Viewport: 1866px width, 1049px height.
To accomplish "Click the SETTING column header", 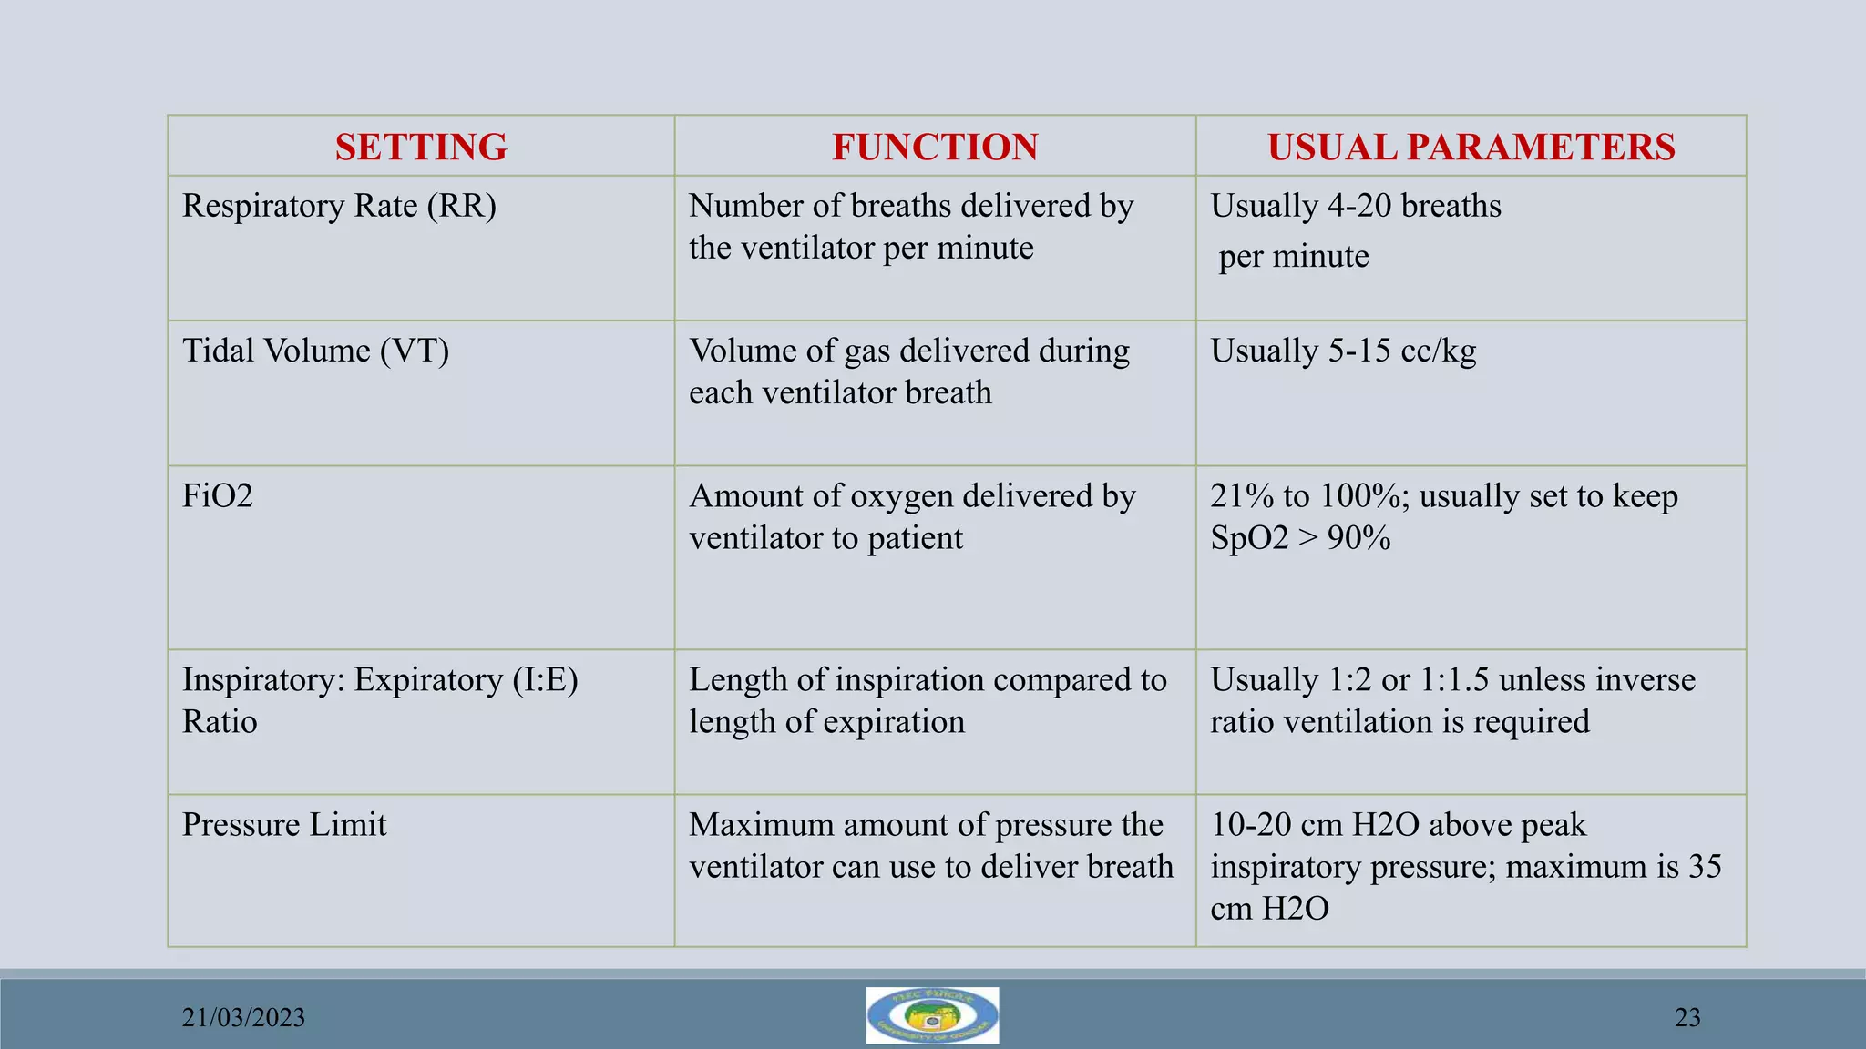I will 421,147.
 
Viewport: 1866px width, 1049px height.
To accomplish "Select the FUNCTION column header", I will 935,147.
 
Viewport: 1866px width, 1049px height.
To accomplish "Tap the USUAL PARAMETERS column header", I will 1471,147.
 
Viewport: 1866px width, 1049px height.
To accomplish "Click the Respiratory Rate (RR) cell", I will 339,206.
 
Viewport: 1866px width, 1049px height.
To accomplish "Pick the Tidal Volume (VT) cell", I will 315,351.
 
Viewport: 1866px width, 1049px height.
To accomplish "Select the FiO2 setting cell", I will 218,496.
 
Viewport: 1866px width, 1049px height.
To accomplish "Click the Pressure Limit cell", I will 284,824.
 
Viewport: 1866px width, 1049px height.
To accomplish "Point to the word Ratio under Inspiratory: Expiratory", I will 220,722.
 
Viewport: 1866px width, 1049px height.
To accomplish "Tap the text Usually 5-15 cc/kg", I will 1343,351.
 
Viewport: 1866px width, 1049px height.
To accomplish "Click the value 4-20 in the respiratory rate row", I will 1358,206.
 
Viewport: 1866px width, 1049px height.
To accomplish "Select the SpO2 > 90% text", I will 1300,538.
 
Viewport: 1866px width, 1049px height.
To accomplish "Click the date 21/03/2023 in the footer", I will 243,1017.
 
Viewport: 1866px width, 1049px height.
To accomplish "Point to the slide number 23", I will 1687,1017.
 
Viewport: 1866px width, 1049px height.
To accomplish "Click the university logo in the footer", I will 932,1015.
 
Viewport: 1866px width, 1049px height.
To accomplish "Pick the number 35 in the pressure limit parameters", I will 1704,866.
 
